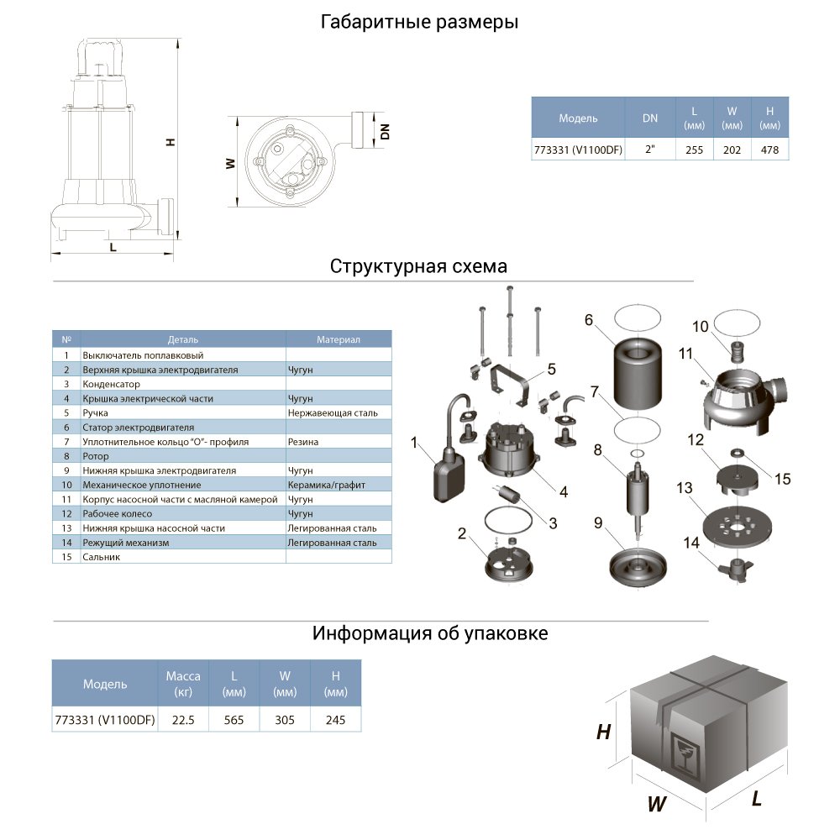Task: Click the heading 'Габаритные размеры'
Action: (419, 23)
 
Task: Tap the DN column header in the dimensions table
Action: (650, 118)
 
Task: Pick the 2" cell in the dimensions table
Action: (650, 151)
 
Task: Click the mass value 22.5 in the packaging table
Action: (183, 720)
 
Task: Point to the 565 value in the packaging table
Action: (234, 720)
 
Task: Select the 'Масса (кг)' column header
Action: (183, 684)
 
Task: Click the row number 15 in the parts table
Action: (66, 557)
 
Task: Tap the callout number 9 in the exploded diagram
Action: (597, 522)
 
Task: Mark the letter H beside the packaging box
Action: (602, 732)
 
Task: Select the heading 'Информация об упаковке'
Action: (430, 633)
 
